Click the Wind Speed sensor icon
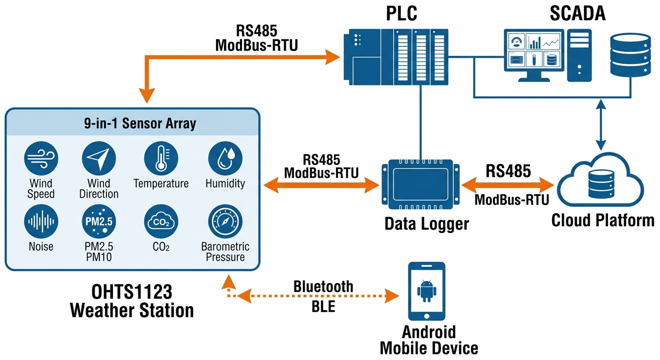41,159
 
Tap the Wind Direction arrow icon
99,159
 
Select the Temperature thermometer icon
161,159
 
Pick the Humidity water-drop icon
225,159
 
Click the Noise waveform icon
41,222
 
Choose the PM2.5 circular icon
99,222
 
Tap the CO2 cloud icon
161,222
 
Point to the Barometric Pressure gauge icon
225,222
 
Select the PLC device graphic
394,56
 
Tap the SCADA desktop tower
579,55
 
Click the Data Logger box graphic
420,185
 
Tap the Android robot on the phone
426,291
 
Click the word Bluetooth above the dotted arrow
323,286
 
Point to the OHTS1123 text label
132,292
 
